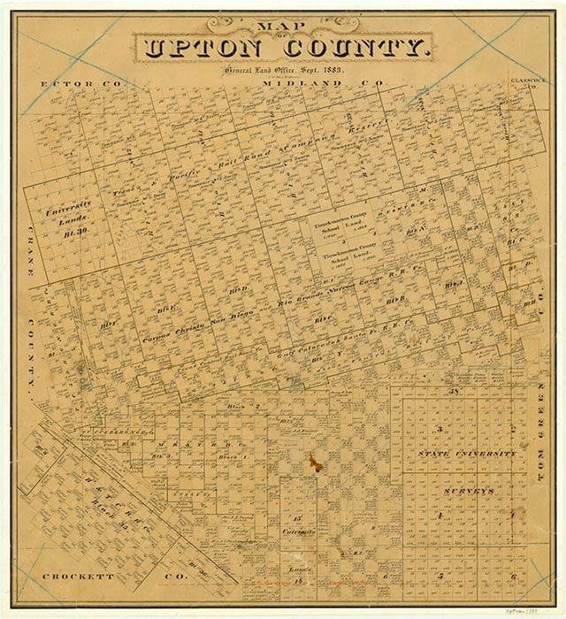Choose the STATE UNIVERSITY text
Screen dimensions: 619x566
coord(467,454)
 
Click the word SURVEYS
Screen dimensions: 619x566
coord(466,488)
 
